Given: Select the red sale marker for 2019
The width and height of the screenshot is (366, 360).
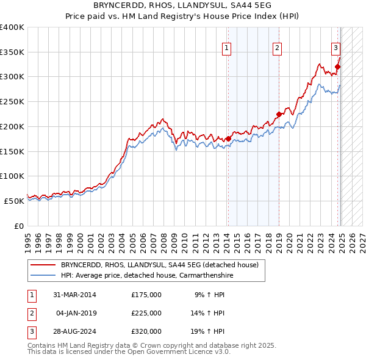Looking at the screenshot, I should point(279,113).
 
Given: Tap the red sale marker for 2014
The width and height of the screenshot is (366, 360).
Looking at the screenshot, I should point(228,139).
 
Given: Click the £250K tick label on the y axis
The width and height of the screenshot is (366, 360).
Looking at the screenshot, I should point(12,101).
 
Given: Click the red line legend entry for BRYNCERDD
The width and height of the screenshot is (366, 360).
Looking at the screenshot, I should point(160,265).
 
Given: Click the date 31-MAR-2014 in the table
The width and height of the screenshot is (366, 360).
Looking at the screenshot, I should point(75,295).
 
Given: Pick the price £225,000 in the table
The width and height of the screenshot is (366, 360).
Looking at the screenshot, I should point(146,313).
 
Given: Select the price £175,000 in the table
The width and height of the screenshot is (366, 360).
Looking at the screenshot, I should point(146,295).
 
